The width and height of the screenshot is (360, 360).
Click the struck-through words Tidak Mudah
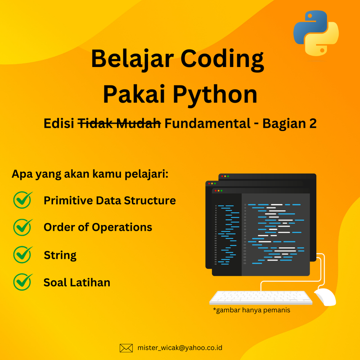click(119, 124)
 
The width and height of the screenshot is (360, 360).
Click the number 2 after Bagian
click(312, 124)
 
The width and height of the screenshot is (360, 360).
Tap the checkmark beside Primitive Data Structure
click(23, 200)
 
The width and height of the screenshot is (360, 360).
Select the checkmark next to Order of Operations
click(23, 227)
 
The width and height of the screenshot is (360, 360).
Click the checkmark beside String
click(23, 255)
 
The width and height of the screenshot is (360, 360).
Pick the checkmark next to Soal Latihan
click(23, 282)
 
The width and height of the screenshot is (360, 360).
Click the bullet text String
click(60, 256)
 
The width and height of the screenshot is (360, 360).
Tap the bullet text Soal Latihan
click(76, 283)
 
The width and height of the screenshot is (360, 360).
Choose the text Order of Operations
click(98, 227)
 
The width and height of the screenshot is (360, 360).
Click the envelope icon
click(126, 348)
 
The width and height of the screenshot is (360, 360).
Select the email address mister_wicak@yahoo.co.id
click(180, 348)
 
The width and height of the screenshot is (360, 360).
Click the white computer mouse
click(325, 297)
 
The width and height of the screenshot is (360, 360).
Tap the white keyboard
click(261, 297)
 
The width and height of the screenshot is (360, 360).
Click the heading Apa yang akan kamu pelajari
click(90, 174)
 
